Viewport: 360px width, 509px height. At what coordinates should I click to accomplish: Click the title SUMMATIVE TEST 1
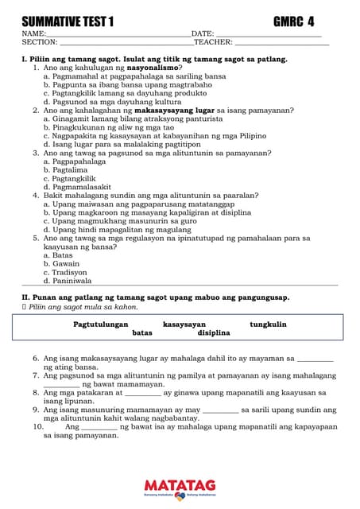tap(68, 21)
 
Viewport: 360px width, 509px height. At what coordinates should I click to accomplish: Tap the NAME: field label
tap(34, 34)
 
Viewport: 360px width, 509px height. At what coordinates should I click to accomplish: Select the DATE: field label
tap(203, 34)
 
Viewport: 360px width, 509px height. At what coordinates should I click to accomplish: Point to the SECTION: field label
tap(40, 42)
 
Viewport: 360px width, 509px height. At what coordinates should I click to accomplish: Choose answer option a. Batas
tap(58, 255)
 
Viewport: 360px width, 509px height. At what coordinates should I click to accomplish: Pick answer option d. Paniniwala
tap(68, 281)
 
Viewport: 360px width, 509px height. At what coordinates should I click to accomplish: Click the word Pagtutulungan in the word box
tap(101, 324)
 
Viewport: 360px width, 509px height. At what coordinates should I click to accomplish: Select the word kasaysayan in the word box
tap(184, 324)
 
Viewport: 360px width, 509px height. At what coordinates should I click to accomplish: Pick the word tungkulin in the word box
tap(268, 324)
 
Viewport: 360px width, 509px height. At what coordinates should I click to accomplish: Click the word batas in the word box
tap(142, 333)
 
